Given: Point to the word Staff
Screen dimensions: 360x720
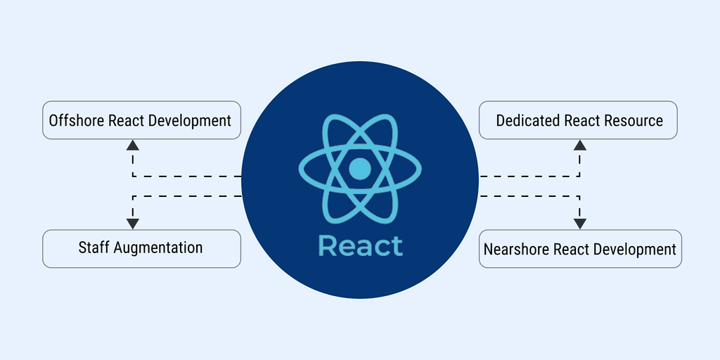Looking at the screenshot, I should click(94, 247).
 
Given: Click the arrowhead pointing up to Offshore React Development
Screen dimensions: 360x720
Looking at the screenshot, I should click(133, 146).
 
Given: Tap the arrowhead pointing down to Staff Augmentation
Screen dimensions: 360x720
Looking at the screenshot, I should click(133, 224).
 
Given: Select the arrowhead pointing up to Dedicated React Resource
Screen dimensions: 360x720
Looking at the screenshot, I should click(579, 146).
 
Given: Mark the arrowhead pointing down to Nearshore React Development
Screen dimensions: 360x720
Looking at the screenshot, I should click(579, 224).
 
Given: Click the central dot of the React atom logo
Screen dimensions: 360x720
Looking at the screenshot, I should click(359, 169).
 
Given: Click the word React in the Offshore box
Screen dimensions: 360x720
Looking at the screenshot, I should click(126, 120).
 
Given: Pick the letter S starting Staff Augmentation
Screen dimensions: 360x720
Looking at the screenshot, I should click(82, 247).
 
